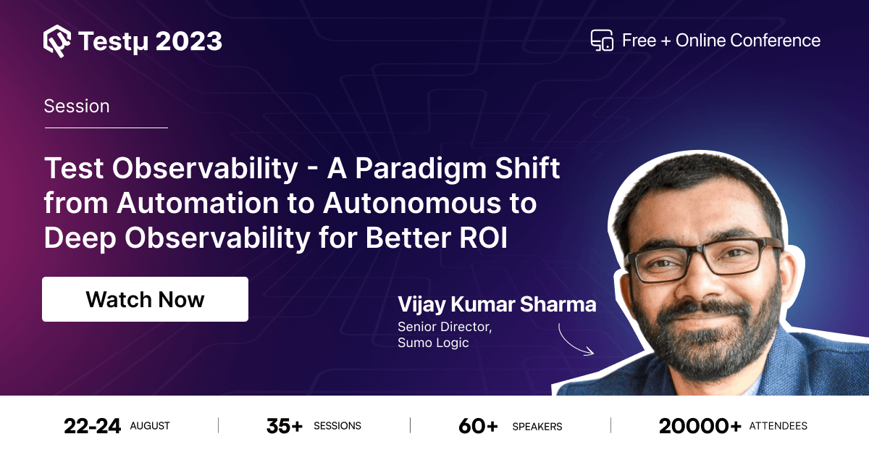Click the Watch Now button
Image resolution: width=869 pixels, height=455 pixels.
[x=145, y=299]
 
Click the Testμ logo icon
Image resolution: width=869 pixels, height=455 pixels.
[x=57, y=41]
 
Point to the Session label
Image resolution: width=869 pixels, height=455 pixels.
[x=77, y=106]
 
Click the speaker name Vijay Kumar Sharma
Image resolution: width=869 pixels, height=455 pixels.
[x=497, y=304]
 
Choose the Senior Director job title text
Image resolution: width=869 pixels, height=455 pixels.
[x=444, y=327]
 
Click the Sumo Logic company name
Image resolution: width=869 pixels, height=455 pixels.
[x=433, y=343]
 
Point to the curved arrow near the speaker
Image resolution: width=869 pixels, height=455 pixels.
[x=576, y=340]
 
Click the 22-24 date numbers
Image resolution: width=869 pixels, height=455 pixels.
[x=92, y=426]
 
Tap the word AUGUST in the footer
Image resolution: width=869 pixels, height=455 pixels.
[x=150, y=426]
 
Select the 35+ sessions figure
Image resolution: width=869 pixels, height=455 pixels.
[x=284, y=426]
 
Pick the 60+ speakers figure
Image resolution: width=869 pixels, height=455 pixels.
[x=478, y=426]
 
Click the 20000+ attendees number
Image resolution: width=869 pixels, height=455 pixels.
[x=700, y=426]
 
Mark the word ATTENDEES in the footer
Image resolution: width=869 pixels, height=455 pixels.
[x=778, y=426]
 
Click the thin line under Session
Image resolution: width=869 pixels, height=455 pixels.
[x=106, y=128]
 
